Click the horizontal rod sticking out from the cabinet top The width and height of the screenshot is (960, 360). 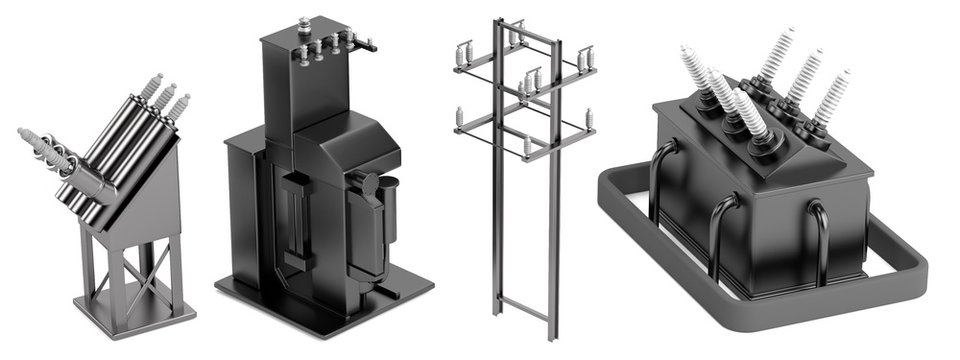[x=368, y=44]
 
